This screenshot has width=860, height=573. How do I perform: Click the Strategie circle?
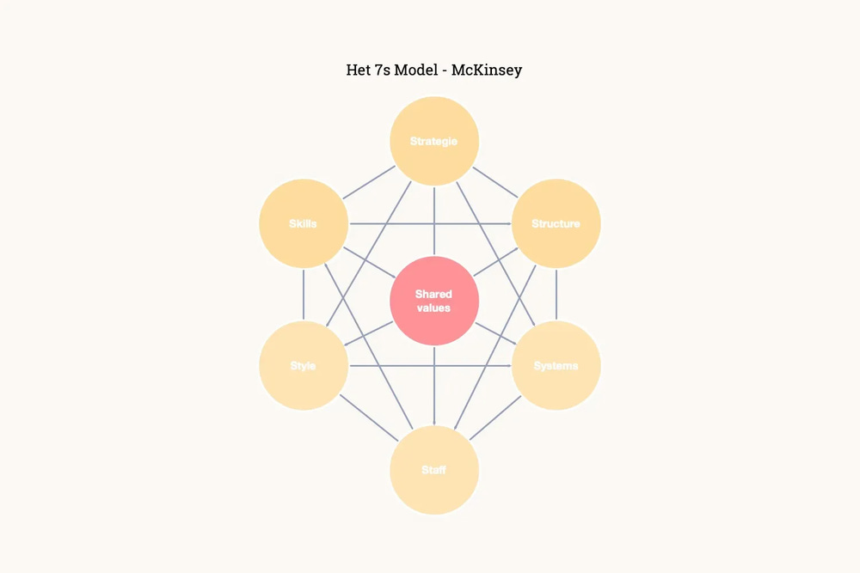click(433, 141)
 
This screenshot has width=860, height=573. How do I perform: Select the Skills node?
click(303, 223)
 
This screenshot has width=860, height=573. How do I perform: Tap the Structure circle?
click(556, 223)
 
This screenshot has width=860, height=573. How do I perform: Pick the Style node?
click(303, 366)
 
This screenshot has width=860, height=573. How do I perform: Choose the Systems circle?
click(556, 366)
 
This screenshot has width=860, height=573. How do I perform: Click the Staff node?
click(433, 470)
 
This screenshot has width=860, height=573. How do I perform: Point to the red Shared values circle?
click(433, 301)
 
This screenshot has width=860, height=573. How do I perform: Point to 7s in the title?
click(382, 70)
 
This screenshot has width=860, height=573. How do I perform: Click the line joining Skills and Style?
click(303, 295)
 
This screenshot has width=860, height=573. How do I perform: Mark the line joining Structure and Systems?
click(556, 295)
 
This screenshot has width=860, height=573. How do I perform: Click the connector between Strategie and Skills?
click(367, 183)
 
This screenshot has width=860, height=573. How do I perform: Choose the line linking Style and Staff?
click(368, 418)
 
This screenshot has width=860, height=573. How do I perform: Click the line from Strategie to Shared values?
click(433, 220)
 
